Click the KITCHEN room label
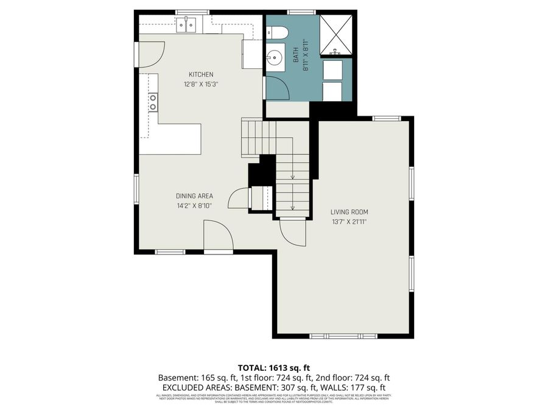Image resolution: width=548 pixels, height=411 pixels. tap(200, 74)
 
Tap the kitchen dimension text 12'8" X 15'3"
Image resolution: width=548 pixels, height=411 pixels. tap(200, 85)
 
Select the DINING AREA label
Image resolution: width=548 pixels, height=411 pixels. tap(194, 196)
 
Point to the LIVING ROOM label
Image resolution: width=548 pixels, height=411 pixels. tap(350, 212)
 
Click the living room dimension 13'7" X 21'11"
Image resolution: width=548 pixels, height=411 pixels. tap(350, 222)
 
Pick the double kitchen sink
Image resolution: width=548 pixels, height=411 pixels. tap(186, 25)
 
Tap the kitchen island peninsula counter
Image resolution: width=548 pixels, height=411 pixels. tap(177, 139)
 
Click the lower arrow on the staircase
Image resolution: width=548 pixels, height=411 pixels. tap(292, 205)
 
